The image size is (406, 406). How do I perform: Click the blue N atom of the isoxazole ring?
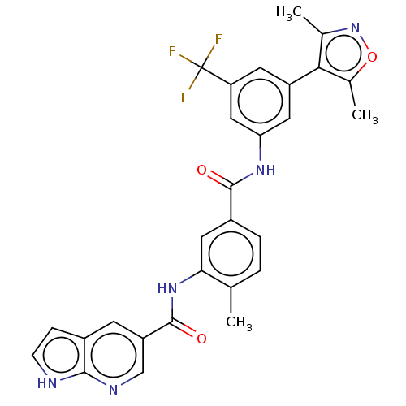[x=355, y=28]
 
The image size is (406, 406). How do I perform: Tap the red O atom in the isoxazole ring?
[x=372, y=57]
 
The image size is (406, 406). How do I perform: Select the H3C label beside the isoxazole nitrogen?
[x=288, y=13]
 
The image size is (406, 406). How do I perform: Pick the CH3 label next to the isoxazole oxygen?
[x=365, y=116]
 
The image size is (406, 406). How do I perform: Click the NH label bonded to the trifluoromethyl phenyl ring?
[x=266, y=170]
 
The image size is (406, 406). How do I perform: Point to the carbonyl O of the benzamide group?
[x=201, y=171]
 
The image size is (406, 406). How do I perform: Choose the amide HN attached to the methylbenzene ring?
[x=167, y=288]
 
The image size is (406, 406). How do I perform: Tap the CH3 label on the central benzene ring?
[x=239, y=323]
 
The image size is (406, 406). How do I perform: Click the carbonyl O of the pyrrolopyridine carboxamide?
[x=201, y=339]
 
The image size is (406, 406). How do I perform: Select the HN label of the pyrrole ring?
[x=47, y=383]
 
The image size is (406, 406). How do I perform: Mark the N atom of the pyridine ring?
[x=114, y=390]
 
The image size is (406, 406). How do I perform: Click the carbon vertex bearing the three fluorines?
[x=201, y=67]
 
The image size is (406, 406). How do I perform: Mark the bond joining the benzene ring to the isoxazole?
[x=304, y=76]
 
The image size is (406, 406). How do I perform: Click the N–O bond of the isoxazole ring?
[x=365, y=41]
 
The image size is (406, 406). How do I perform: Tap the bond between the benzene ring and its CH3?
[x=231, y=300]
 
